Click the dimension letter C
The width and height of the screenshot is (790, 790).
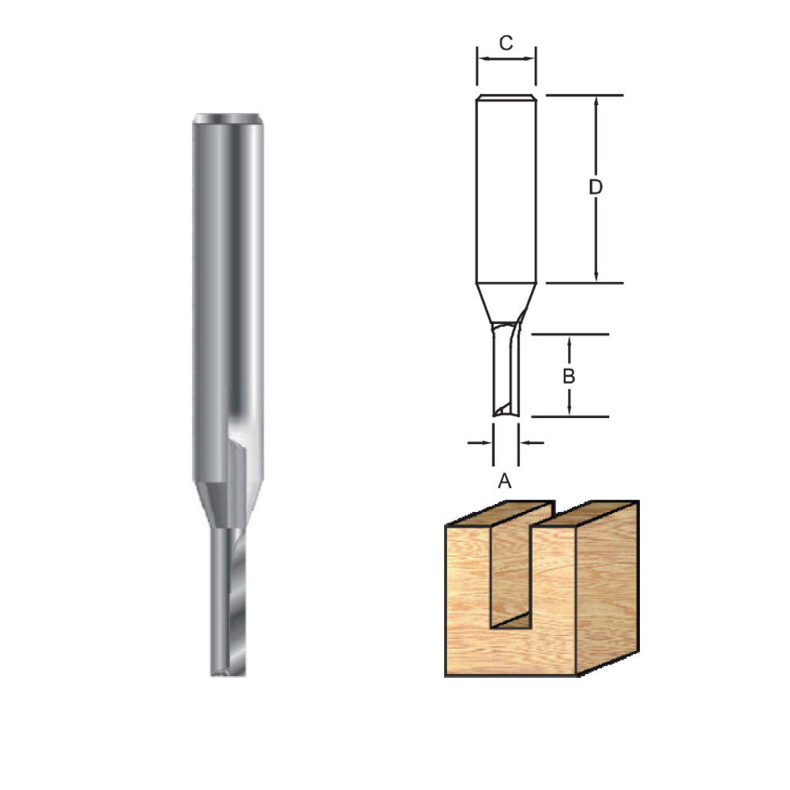pyautogui.click(x=506, y=43)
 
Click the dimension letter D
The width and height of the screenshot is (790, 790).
pyautogui.click(x=596, y=187)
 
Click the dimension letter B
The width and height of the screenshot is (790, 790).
pyautogui.click(x=569, y=376)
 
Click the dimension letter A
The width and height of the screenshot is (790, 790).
pyautogui.click(x=504, y=481)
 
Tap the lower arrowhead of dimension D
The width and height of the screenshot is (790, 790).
pyautogui.click(x=596, y=275)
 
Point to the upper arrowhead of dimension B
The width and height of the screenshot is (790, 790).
pyautogui.click(x=570, y=341)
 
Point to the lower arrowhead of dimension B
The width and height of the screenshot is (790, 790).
pyautogui.click(x=570, y=409)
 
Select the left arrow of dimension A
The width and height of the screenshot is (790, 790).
pyautogui.click(x=480, y=443)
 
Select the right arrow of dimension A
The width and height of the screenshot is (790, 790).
pyautogui.click(x=532, y=443)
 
